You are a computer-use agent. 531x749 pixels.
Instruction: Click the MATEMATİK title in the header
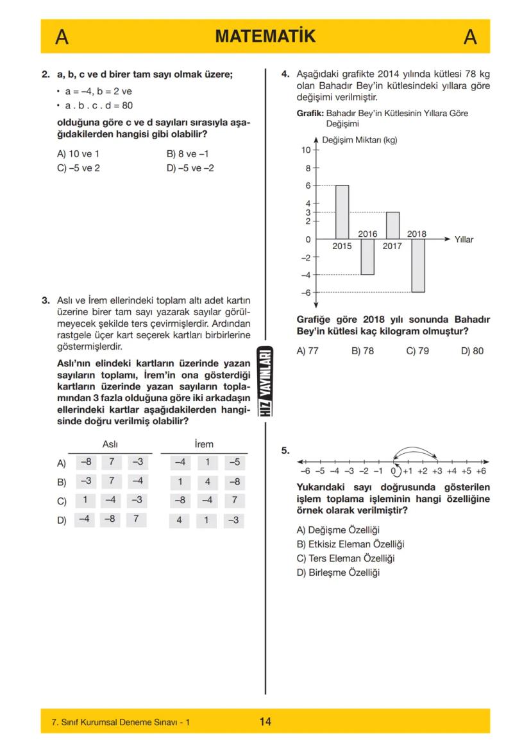265,37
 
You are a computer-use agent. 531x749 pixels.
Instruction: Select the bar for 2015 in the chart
342,212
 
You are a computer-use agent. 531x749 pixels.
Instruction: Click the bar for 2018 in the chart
417,265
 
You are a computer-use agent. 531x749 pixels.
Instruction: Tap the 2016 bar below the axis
367,257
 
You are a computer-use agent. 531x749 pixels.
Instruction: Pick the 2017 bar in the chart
392,225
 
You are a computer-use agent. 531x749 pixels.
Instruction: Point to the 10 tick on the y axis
306,150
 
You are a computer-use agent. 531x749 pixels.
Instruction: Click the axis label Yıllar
464,239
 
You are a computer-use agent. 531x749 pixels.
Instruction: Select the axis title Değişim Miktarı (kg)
359,141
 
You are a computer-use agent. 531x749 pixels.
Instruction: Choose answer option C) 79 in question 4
417,351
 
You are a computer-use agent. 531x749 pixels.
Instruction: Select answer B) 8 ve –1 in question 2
187,154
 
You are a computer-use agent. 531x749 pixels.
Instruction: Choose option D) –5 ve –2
190,168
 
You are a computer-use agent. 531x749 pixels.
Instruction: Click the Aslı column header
110,444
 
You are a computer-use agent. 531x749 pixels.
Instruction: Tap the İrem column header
204,444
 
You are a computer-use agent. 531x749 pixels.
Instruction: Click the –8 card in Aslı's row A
85,462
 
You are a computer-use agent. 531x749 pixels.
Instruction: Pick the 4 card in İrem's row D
180,521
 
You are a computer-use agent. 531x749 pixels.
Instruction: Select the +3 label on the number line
437,470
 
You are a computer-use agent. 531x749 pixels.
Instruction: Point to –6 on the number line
306,470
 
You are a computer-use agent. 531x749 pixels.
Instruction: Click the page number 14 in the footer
265,721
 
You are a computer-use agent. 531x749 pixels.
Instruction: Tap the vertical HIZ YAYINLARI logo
265,383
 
